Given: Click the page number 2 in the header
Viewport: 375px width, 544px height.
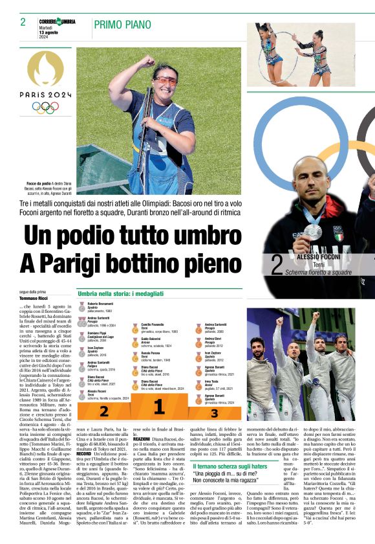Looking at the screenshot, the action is tap(23, 23).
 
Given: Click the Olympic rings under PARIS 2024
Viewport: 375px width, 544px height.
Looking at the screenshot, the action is tap(45, 108).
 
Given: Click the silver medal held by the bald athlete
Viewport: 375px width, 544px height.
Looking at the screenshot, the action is tap(313, 231).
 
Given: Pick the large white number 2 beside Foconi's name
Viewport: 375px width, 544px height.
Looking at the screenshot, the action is tap(277, 265).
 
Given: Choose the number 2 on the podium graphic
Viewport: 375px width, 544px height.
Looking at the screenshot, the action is tap(103, 411).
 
